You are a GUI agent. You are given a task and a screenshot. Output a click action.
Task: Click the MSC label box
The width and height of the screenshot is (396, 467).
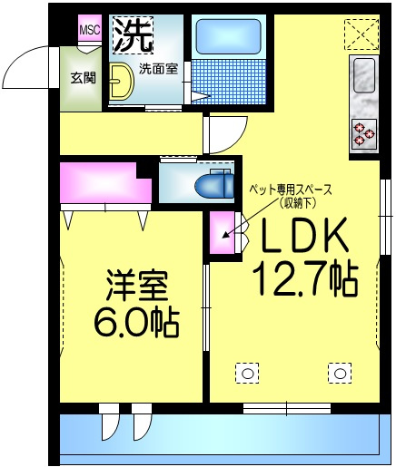(90, 29)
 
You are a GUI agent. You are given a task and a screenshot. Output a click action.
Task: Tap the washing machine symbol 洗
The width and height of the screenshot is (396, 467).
(134, 34)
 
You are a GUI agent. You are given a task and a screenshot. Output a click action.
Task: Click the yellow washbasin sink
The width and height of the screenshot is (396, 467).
(121, 81)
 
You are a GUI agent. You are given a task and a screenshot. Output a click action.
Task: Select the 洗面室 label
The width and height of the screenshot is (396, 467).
(158, 69)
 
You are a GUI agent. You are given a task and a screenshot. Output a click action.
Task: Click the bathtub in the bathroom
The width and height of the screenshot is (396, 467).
(229, 36)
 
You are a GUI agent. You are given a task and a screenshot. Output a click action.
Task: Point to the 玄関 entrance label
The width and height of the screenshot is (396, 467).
(84, 78)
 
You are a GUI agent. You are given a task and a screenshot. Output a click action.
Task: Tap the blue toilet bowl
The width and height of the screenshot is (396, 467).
(214, 185)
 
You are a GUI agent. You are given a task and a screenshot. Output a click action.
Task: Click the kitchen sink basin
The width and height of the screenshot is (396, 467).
(364, 75)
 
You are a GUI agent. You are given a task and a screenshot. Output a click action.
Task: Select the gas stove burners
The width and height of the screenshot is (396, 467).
(364, 134)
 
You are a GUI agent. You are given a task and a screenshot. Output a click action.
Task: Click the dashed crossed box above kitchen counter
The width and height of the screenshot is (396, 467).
(362, 34)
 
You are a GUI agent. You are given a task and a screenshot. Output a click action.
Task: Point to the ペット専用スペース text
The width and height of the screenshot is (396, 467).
(290, 190)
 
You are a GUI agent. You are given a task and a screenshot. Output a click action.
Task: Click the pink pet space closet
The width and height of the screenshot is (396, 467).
(223, 232)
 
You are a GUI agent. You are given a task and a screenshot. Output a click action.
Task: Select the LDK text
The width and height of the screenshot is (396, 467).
(303, 235)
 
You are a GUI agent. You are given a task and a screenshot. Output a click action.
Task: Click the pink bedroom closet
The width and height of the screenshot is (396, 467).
(105, 182)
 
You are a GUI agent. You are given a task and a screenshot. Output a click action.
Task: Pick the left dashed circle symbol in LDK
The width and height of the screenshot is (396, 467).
(247, 374)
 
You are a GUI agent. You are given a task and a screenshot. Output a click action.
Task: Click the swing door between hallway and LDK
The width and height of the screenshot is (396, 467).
(226, 135)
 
